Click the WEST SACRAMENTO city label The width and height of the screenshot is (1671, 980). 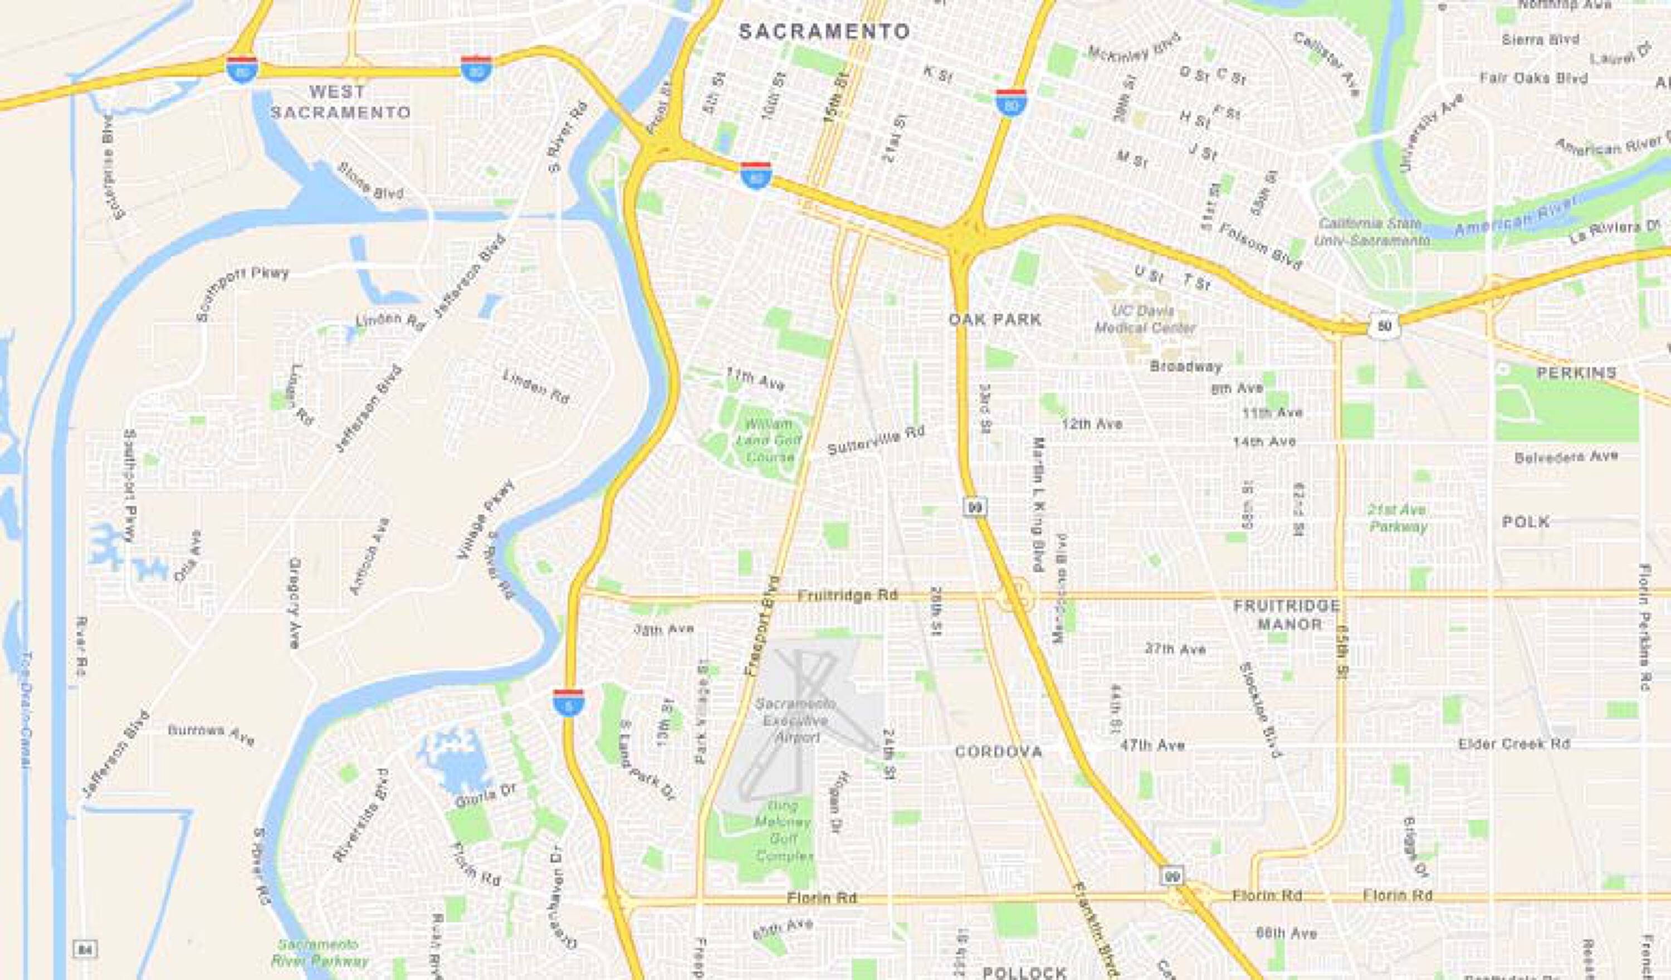pos(341,101)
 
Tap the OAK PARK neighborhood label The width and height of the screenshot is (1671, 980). pos(995,320)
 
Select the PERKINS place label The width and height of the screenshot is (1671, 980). pos(1577,373)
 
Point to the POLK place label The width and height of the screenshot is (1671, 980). pos(1526,522)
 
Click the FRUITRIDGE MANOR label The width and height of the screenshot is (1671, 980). pos(1287,615)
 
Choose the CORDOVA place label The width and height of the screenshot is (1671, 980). pos(999,752)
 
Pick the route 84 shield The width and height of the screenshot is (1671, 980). pos(84,949)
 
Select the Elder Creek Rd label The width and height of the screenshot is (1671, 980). pos(1513,744)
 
